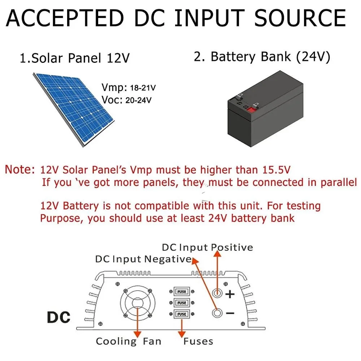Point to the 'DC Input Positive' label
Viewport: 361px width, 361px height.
point(207,247)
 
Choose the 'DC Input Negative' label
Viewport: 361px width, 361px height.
point(143,259)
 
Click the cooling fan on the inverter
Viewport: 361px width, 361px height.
point(138,302)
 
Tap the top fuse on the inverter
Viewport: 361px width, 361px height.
point(182,291)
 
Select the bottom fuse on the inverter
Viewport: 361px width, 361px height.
point(182,314)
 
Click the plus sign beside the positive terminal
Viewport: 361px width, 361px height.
point(230,294)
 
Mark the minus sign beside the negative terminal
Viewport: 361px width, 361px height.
point(230,313)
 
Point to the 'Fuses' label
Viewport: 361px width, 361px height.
point(198,341)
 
